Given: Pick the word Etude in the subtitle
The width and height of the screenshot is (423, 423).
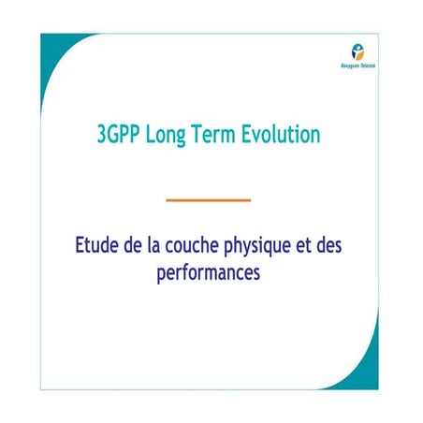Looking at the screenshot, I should point(98,249).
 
